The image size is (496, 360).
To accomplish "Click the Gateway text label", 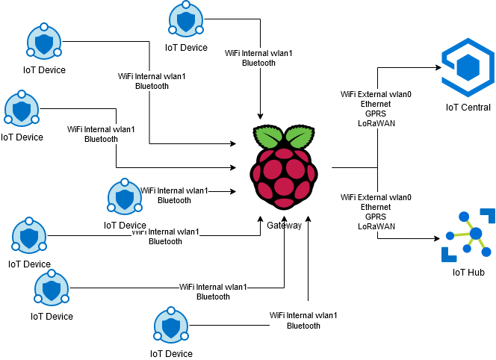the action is (284, 226).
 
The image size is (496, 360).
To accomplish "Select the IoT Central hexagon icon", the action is (468, 67).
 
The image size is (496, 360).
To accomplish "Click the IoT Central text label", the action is (468, 108).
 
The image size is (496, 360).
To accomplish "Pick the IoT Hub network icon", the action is (468, 235).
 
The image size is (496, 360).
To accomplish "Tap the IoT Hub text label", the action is (468, 273).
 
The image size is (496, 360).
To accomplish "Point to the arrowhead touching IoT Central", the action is (438, 67).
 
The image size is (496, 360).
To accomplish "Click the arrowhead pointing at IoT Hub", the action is (437, 238).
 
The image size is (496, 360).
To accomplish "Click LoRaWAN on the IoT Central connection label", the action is (376, 123).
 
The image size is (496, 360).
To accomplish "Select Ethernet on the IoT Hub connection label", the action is (376, 207).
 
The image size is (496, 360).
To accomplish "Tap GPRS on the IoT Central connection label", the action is (376, 114).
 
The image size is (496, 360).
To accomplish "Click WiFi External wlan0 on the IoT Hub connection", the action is (376, 197).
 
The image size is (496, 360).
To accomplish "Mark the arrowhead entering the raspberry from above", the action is (261, 117).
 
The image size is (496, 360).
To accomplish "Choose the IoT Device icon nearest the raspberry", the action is (125, 196).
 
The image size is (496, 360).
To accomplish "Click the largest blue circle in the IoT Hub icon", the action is (476, 234).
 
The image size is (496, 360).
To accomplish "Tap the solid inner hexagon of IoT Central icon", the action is (468, 67).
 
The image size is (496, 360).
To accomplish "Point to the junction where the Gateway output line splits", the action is (377, 167).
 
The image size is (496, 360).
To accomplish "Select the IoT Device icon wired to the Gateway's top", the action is (186, 19).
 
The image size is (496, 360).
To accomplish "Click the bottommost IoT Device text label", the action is (171, 354).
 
